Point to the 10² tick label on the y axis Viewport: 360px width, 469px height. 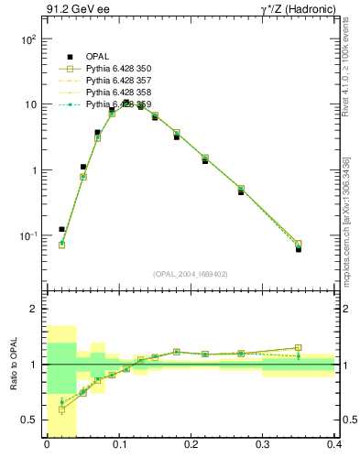tap(28, 39)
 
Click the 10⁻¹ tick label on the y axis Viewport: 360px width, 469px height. tap(28, 236)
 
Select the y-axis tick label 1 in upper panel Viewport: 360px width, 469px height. tap(34, 170)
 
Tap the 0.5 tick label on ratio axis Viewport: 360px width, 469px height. tap(30, 420)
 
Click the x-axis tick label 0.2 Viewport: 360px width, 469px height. tap(191, 444)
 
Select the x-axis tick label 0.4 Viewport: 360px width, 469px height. tap(334, 444)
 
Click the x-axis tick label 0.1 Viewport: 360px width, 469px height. tap(118, 444)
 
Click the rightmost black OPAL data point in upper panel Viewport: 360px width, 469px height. tap(298, 248)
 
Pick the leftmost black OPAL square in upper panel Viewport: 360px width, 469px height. tap(61, 229)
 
